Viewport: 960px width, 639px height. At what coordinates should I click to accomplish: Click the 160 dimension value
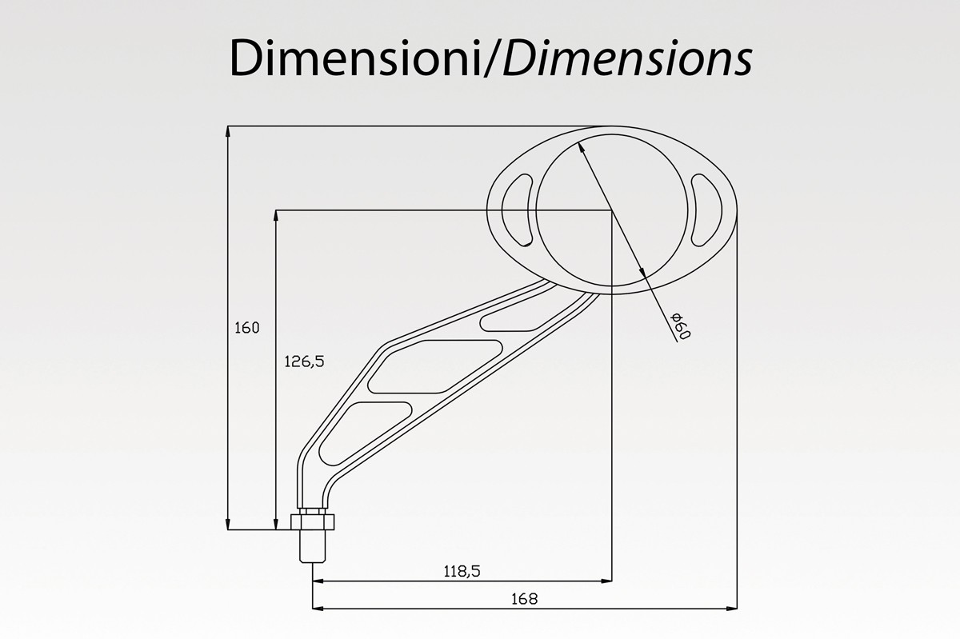247,328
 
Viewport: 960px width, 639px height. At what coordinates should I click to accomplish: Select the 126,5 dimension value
304,361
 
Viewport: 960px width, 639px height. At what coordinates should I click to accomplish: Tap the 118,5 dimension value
462,571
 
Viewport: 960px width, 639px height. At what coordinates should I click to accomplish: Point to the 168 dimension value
524,599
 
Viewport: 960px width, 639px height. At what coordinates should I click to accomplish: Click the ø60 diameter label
681,325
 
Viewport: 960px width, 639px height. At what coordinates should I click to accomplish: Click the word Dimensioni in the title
356,58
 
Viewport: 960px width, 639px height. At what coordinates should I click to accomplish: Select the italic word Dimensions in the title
628,58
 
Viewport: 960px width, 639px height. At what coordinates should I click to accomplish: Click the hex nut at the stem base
313,522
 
